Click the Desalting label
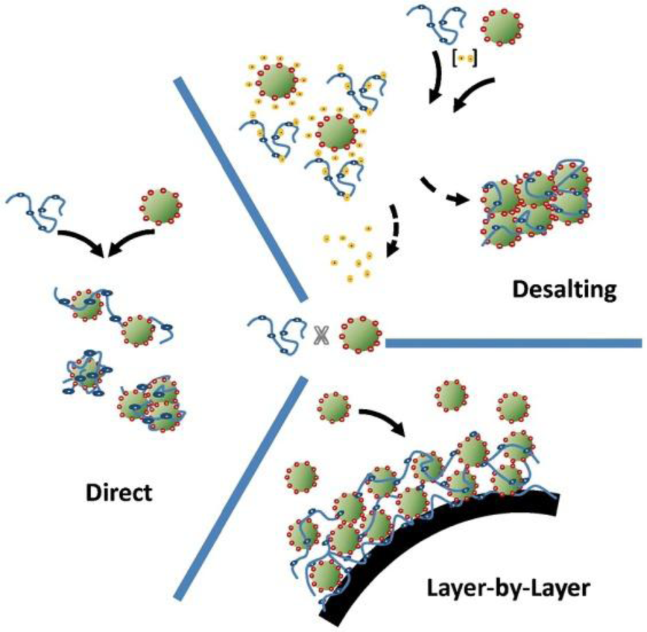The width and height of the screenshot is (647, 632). tap(564, 290)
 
